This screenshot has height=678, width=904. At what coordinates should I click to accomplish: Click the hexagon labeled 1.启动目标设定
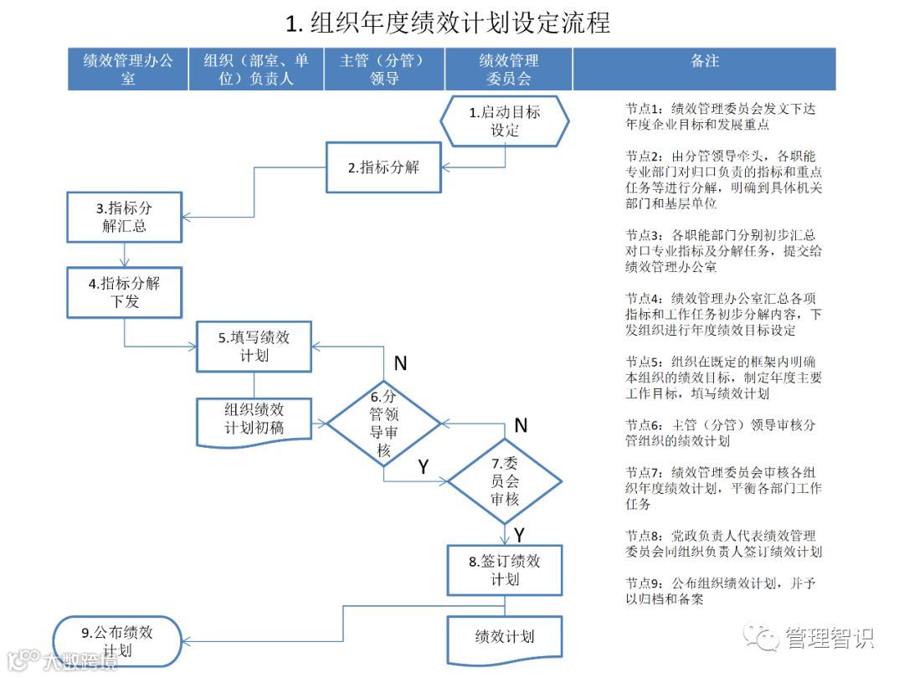(505, 121)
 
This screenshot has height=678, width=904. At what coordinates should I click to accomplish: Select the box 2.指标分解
(383, 167)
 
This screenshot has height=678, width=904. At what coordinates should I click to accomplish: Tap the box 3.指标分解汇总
(125, 218)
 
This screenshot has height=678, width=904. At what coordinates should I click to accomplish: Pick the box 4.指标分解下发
(125, 292)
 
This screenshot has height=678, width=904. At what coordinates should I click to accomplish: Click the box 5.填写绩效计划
(254, 347)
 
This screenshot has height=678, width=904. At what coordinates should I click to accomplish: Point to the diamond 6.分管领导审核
(383, 425)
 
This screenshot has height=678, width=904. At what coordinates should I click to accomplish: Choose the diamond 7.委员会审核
(505, 481)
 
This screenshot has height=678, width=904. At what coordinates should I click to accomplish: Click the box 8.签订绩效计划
(505, 570)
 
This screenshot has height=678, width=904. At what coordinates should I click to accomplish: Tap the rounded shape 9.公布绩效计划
(118, 640)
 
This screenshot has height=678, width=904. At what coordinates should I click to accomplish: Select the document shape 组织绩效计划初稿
(254, 420)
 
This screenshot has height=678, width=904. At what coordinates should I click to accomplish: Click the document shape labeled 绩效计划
(505, 638)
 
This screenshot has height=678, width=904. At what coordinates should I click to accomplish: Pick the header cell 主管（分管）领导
(383, 69)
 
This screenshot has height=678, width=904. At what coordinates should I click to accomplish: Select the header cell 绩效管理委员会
(508, 69)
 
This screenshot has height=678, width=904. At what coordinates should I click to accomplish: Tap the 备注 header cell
(704, 61)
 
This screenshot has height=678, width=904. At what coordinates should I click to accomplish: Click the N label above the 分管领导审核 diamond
(400, 363)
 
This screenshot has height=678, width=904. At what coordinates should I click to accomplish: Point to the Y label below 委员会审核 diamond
(519, 535)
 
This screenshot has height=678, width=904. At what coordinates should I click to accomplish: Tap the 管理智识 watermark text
(829, 638)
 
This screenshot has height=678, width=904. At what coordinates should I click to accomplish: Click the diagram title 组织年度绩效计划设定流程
(449, 23)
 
